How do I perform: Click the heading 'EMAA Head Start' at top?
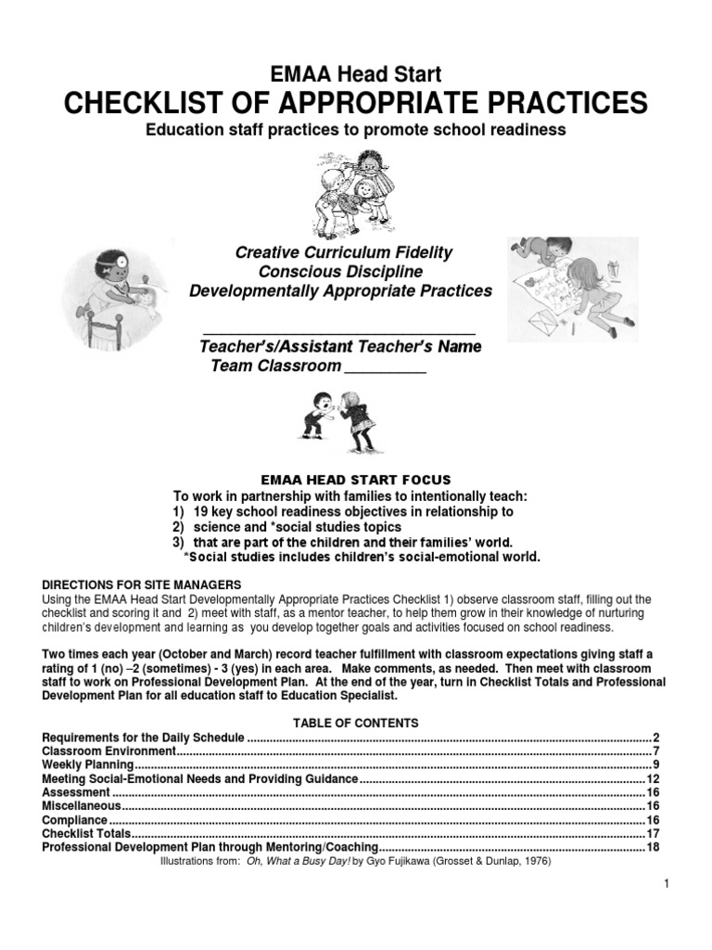355,73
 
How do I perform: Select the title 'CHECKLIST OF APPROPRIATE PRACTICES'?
355,101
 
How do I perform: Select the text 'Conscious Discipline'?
341,272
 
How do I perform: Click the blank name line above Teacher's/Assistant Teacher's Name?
339,331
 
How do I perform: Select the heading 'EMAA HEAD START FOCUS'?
356,481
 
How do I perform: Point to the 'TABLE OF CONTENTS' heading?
356,723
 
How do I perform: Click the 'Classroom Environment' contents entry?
109,751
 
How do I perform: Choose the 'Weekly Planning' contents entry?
88,764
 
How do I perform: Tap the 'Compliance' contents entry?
75,820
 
